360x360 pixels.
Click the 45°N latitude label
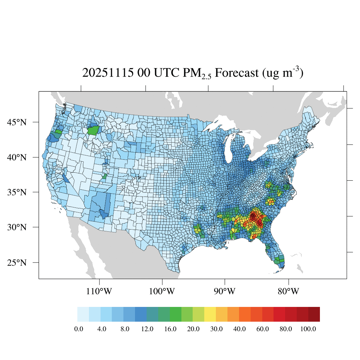17,122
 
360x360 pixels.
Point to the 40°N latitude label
17,157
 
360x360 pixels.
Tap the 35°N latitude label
17,192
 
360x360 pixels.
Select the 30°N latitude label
17,227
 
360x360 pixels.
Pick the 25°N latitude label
17,263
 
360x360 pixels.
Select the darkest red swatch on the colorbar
314,314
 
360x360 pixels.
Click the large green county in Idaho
94,130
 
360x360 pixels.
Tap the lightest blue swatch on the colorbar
83,314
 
